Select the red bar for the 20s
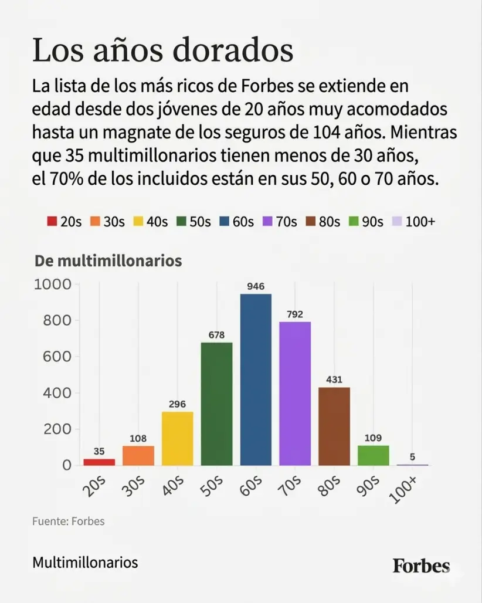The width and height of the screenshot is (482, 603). click(99, 462)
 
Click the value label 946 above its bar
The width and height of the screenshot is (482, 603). click(256, 286)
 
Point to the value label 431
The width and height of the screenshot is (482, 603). click(334, 379)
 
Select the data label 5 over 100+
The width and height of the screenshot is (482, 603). click(413, 456)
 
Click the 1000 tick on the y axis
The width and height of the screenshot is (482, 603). click(53, 284)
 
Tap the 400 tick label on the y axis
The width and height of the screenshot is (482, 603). click(57, 393)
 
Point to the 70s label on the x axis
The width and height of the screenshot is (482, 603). click(291, 486)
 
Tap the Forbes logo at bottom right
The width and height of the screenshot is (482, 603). click(421, 566)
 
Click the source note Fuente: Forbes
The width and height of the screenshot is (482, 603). click(69, 521)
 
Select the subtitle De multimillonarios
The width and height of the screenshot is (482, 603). click(108, 261)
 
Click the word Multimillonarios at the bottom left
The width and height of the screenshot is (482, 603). click(85, 563)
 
